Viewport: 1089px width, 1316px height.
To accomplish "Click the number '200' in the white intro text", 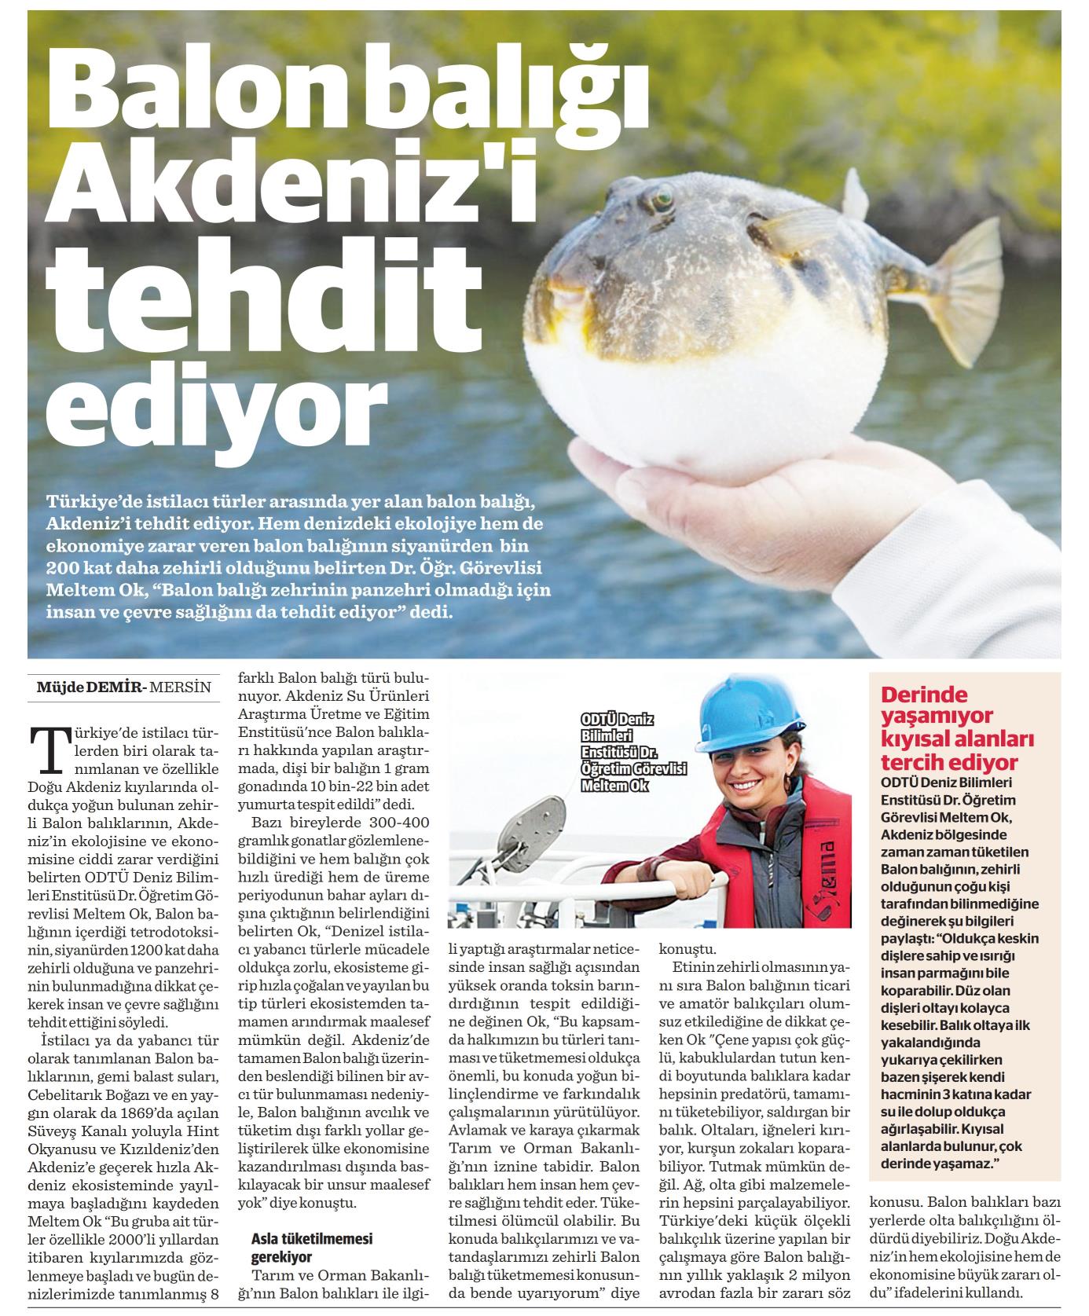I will (63, 566).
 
